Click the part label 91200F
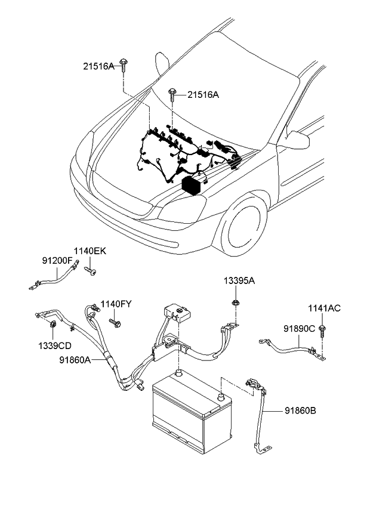tap(57, 261)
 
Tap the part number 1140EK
tap(90, 251)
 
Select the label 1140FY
tap(116, 304)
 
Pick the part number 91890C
tap(299, 328)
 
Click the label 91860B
tap(300, 410)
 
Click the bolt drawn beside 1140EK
tap(91, 271)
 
